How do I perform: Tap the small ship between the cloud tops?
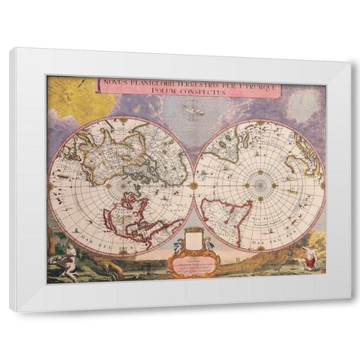click(193, 111)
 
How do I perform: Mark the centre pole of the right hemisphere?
click(259, 184)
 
